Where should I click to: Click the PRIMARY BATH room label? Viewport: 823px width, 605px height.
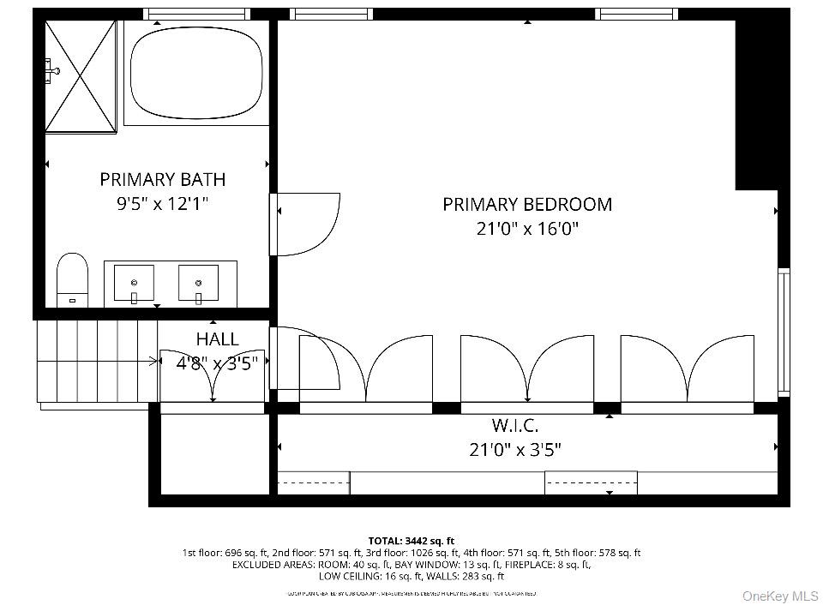click(162, 179)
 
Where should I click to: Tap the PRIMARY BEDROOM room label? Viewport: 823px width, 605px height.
click(527, 204)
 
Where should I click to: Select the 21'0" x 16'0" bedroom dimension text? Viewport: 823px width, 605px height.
click(527, 229)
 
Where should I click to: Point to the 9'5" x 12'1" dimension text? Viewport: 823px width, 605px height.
click(162, 204)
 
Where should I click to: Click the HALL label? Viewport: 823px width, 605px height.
click(217, 339)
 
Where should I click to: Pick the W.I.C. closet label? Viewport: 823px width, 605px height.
click(515, 425)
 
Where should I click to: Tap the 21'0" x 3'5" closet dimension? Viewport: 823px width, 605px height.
click(515, 450)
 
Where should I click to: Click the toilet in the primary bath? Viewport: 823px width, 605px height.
click(72, 278)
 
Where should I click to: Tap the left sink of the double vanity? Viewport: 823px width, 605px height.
click(134, 283)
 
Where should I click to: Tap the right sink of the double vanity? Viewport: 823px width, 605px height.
click(198, 283)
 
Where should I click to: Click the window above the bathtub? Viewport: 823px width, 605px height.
click(195, 14)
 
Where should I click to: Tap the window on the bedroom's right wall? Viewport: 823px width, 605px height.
click(783, 331)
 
